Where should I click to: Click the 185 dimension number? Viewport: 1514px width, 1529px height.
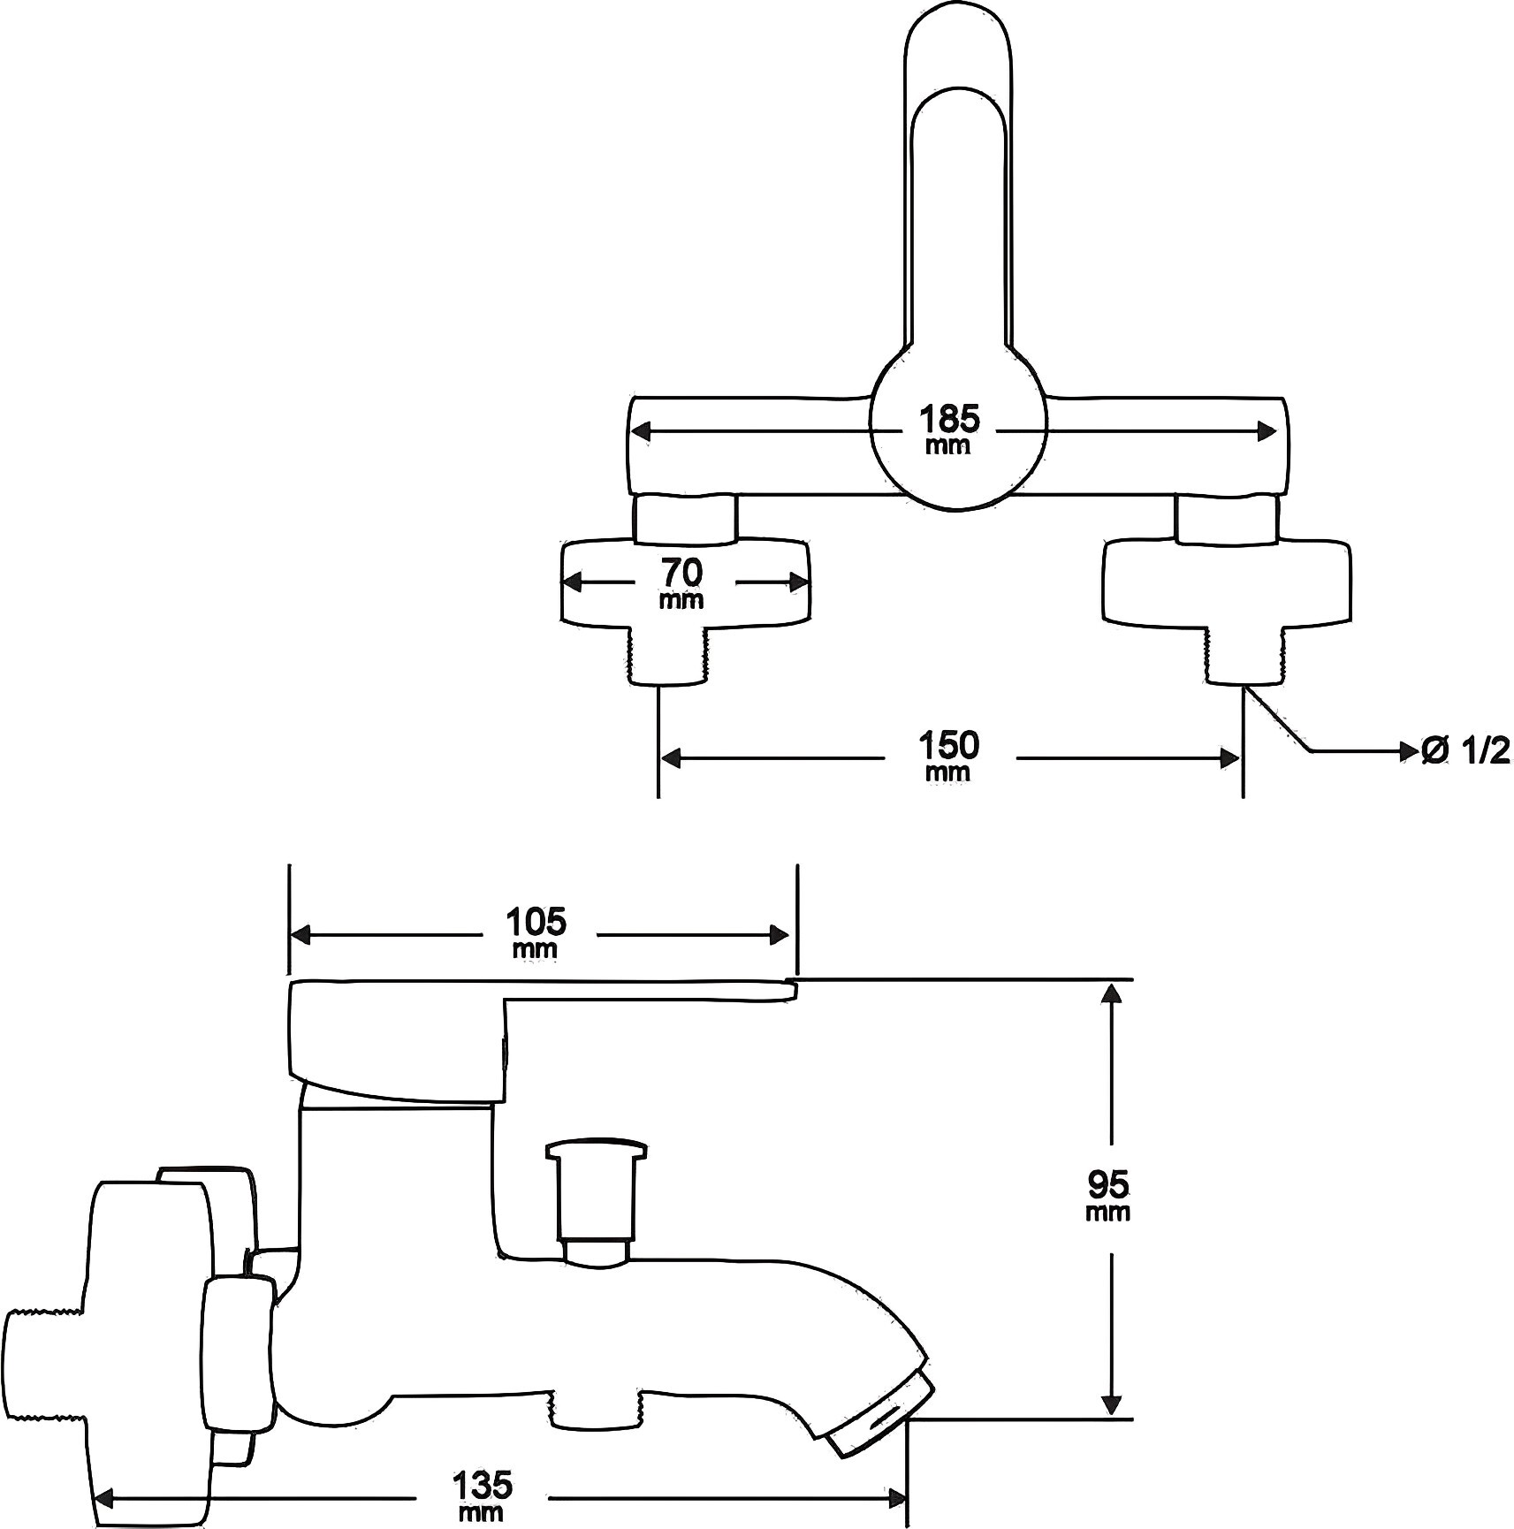coord(949,417)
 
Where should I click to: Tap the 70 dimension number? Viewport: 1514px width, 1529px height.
coord(682,573)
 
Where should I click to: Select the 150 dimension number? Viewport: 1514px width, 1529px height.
coord(949,745)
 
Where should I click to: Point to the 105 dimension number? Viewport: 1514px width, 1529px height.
coord(536,922)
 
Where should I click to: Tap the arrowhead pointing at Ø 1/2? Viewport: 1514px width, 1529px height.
coord(1408,751)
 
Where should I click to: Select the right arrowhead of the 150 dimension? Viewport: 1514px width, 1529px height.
coord(1229,758)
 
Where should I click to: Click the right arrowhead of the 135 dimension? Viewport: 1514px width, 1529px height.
coord(897,1498)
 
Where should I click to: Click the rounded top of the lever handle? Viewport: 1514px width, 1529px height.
coord(958,53)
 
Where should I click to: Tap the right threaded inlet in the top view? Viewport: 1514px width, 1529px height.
coord(1243,655)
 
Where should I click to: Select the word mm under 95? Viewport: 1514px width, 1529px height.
coord(1108,1212)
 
